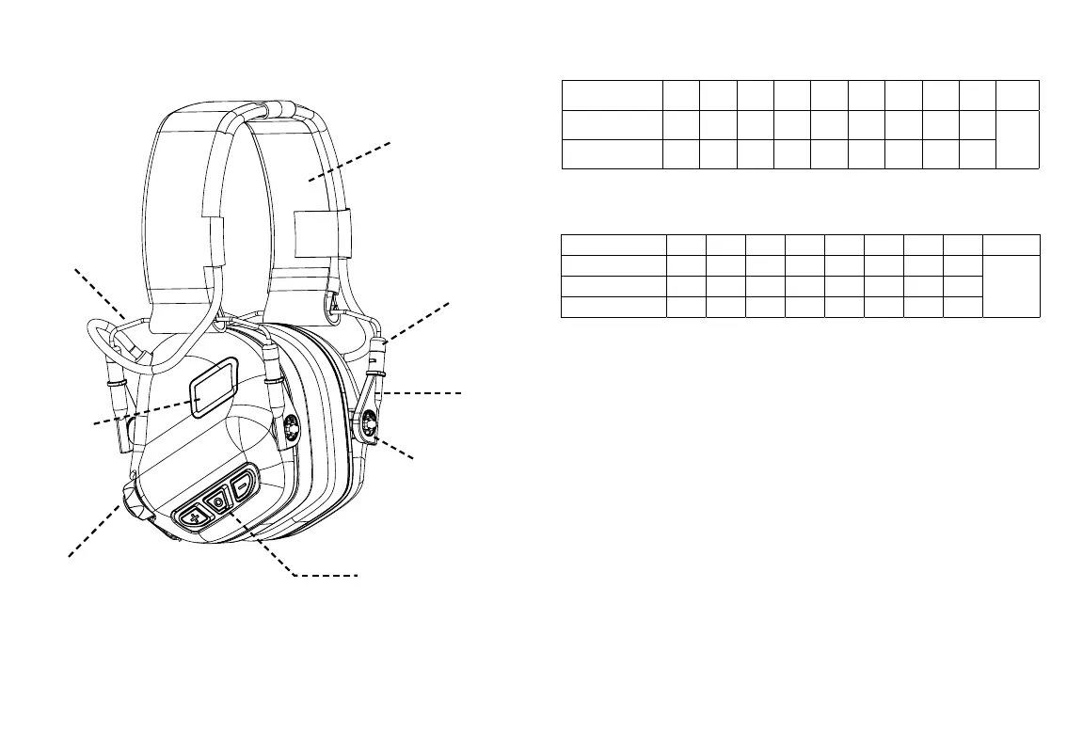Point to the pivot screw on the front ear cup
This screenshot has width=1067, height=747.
292,428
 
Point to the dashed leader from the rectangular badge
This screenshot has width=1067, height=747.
141,412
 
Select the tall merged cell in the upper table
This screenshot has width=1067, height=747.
1017,139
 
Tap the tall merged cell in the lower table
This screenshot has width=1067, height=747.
1012,286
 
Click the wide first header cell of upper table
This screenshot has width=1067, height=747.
612,95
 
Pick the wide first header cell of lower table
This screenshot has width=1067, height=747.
613,245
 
